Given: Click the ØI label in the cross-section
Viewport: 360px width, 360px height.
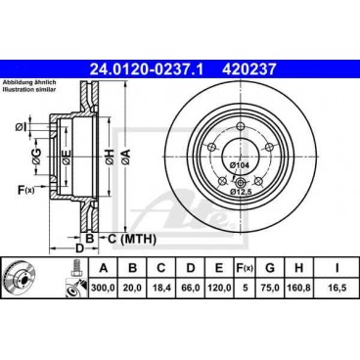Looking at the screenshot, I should click(22, 126).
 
